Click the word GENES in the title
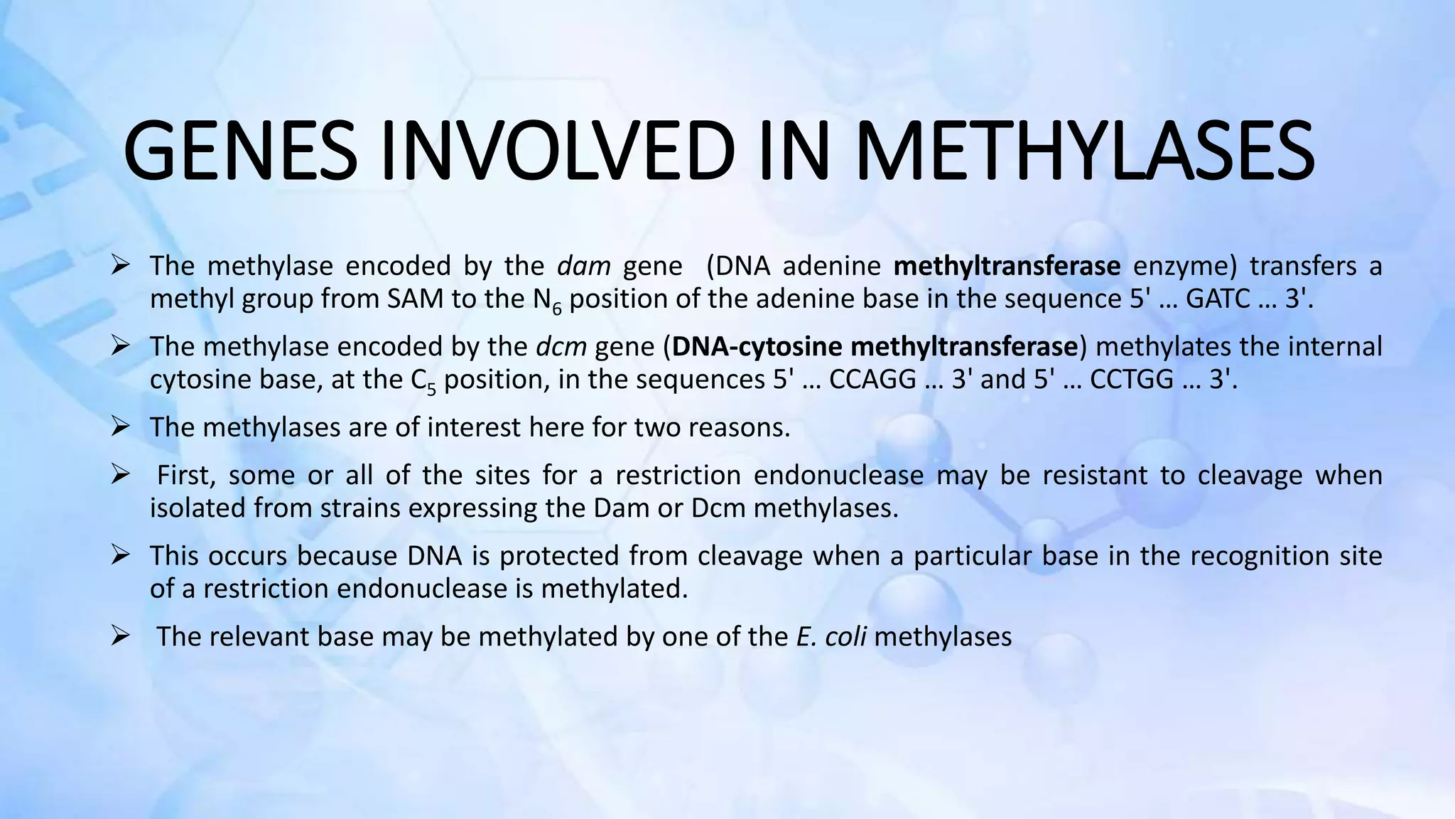[x=240, y=152]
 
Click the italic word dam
[x=583, y=266]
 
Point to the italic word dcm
[x=561, y=347]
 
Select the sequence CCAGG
[x=872, y=380]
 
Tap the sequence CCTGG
[x=1132, y=380]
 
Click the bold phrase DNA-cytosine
[x=757, y=347]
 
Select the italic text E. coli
[x=831, y=636]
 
